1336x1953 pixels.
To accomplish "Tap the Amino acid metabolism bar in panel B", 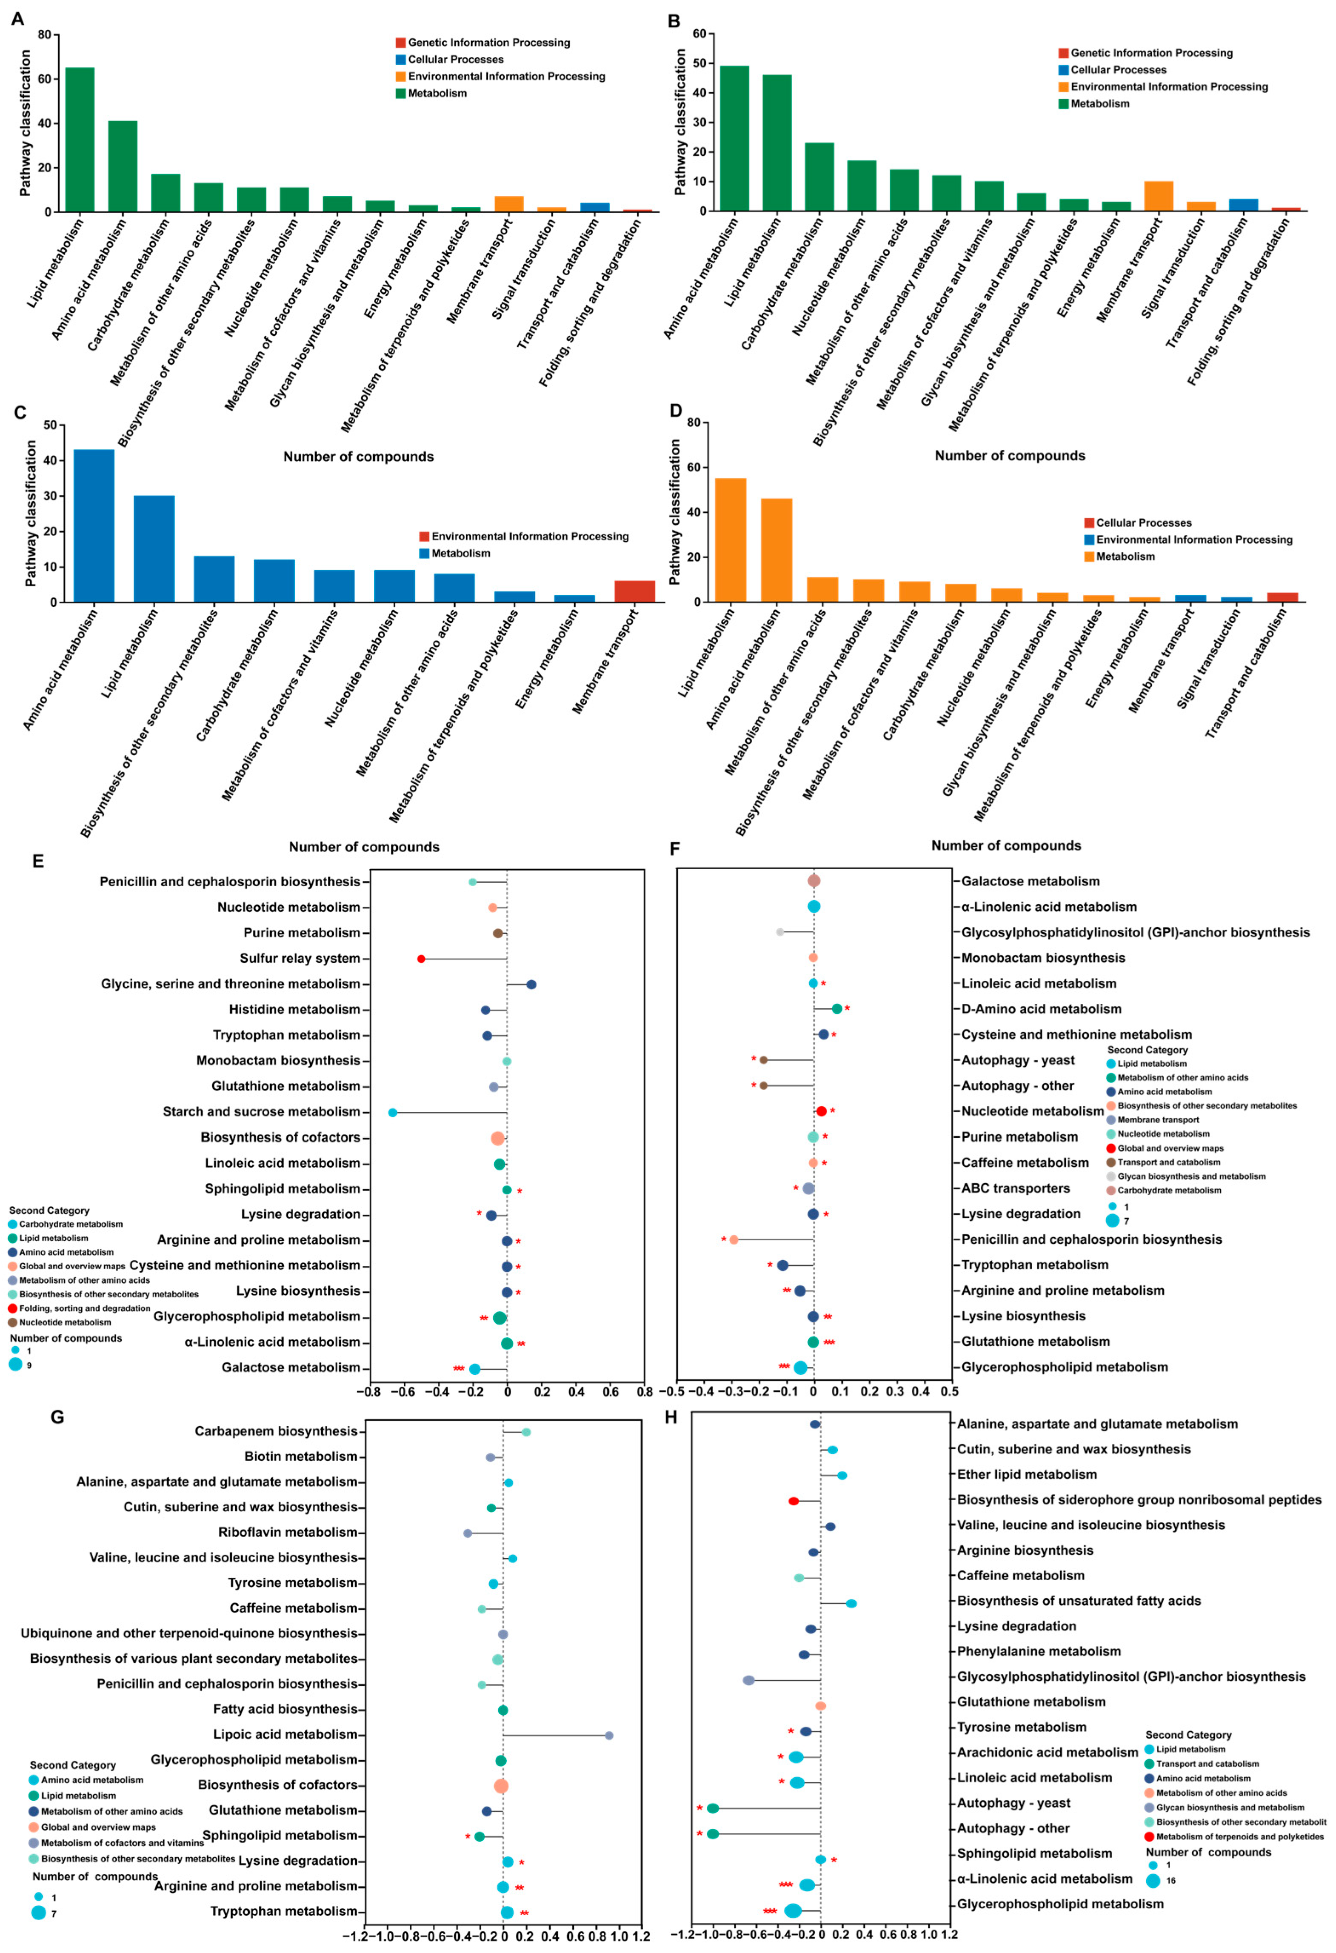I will coord(734,139).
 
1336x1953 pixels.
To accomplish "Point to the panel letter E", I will coord(38,861).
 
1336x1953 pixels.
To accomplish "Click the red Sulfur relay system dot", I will coord(421,959).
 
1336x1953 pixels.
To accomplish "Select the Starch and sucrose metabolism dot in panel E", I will coord(392,1113).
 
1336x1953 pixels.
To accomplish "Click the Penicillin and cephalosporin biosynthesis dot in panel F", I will coord(734,1239).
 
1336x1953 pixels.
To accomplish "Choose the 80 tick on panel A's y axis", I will coord(44,34).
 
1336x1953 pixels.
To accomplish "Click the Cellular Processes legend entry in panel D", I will coord(1143,523).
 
